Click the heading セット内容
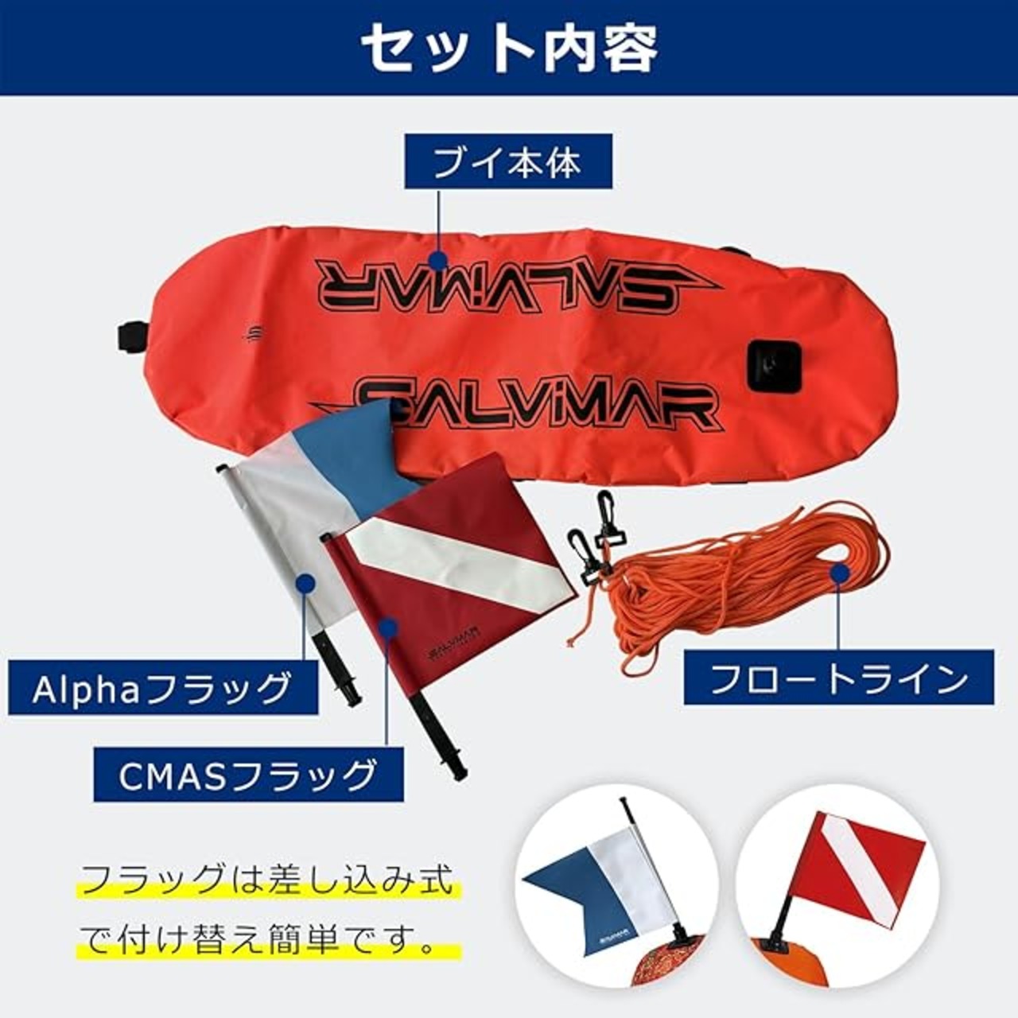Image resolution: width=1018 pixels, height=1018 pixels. (509, 49)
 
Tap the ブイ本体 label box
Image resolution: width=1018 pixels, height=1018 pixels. (508, 161)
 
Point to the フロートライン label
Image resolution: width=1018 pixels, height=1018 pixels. (838, 678)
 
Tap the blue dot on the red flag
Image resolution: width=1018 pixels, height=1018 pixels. (387, 628)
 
